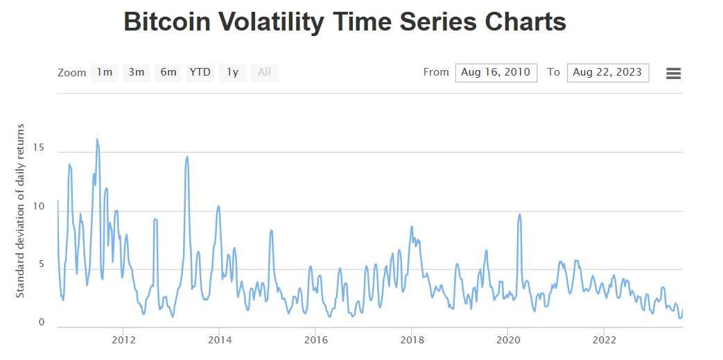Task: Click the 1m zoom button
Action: (104, 72)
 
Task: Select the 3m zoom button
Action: (137, 72)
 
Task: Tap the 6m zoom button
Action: (168, 72)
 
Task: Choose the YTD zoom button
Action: (200, 72)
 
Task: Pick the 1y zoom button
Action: (233, 72)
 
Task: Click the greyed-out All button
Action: (264, 72)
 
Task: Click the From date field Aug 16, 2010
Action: (496, 72)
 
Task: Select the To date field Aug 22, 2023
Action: (607, 72)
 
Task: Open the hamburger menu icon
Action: (673, 73)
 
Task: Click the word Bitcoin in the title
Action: (168, 22)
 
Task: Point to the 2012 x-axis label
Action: (123, 340)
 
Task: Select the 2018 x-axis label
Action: (412, 340)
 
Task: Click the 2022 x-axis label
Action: (604, 340)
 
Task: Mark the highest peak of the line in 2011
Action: (97, 139)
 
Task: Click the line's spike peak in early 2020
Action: (520, 214)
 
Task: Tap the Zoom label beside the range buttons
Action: (71, 73)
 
